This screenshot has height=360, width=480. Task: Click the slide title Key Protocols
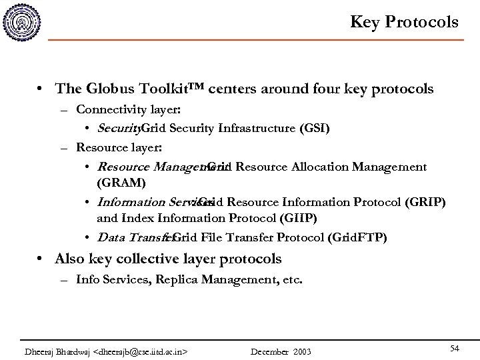coord(405,22)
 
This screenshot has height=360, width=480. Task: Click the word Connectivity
coord(106,109)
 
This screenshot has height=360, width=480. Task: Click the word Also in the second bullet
coord(71,259)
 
